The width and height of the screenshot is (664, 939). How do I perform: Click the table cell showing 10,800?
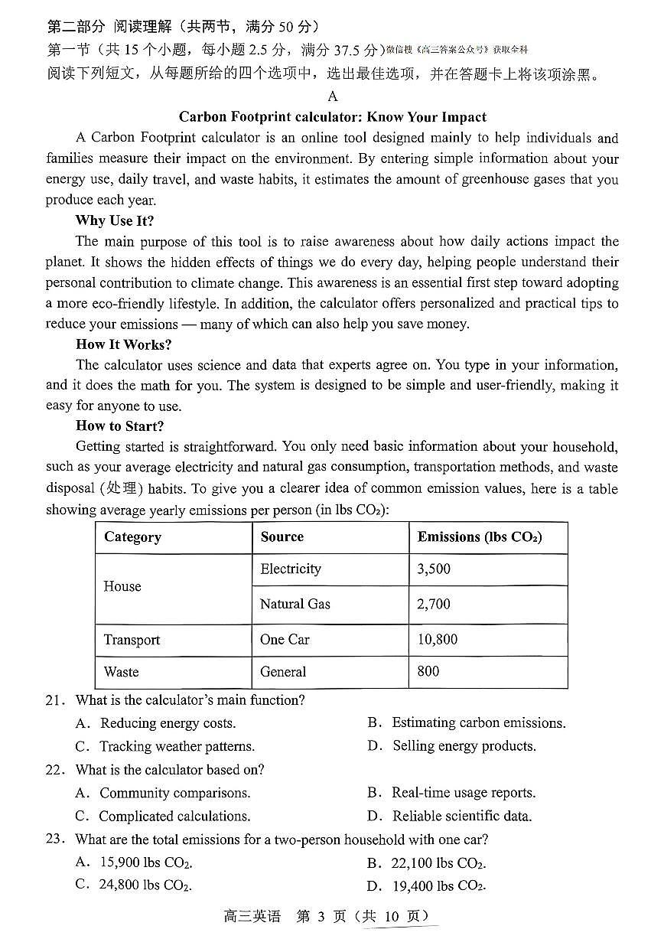tap(437, 640)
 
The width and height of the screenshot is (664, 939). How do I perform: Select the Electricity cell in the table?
tap(291, 569)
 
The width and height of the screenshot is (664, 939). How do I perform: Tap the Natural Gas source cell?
tap(295, 604)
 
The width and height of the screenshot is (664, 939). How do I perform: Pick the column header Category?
tap(132, 537)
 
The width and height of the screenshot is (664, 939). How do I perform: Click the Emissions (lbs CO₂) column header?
tap(480, 537)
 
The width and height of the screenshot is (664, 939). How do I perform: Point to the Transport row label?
tap(132, 640)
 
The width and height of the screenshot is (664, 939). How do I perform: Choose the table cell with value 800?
tap(428, 671)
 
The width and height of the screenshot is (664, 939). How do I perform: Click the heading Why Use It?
tap(115, 220)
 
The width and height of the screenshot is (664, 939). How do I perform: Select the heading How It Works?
tap(124, 344)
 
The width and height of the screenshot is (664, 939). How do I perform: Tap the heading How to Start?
tap(119, 426)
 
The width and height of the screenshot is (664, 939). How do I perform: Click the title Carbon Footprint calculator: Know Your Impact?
tap(332, 117)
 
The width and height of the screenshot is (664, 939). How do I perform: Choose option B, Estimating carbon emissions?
tap(478, 723)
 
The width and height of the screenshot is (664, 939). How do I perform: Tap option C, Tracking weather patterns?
tap(176, 746)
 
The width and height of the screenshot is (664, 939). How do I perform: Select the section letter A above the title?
tap(332, 96)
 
